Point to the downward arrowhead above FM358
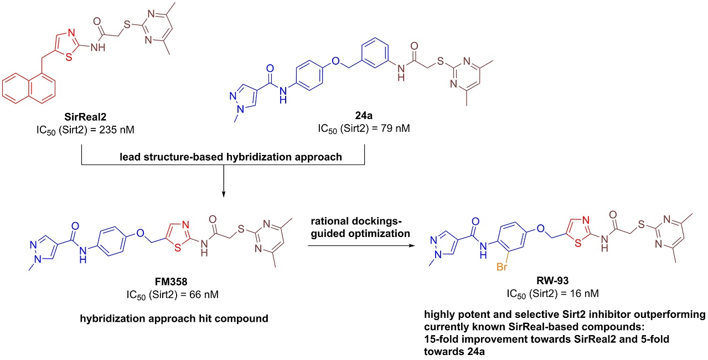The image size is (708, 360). tap(223, 193)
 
